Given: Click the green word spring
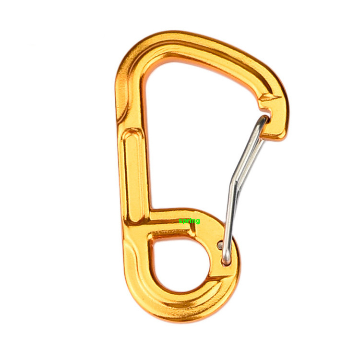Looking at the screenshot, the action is (189, 221).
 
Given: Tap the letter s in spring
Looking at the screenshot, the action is (180, 221).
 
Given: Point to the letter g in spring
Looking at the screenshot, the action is (198, 222).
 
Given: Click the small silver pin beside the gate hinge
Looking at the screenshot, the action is (220, 245).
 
